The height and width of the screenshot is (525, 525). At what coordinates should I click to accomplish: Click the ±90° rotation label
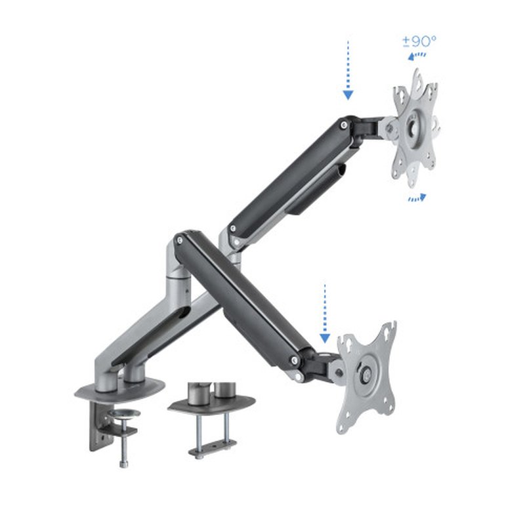click(x=419, y=41)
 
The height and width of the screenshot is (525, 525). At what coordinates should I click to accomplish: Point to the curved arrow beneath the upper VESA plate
click(x=417, y=197)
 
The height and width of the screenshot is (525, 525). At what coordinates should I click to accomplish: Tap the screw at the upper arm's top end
click(x=343, y=123)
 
